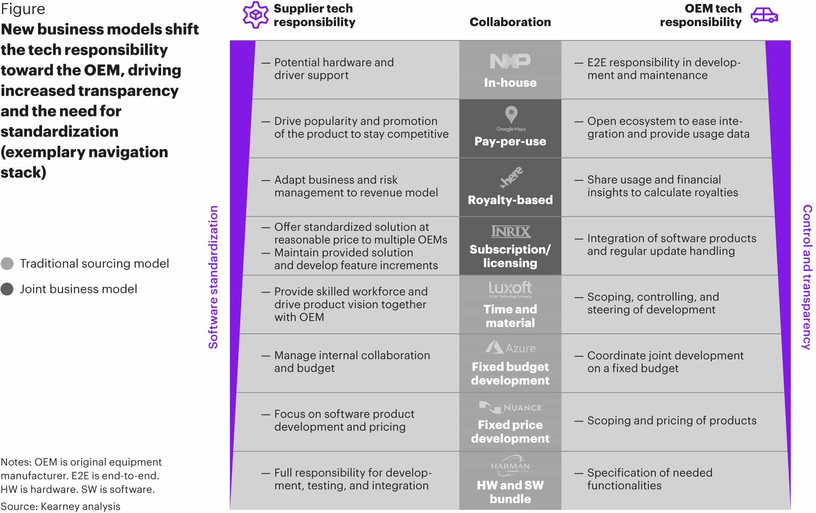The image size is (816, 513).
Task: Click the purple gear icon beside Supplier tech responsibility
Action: click(255, 15)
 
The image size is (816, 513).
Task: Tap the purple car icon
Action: click(764, 15)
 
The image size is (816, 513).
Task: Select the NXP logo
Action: click(510, 61)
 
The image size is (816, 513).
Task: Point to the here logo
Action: click(511, 177)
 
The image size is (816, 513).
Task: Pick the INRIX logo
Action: click(510, 232)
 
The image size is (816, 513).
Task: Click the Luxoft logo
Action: click(510, 289)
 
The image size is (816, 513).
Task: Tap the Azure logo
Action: click(510, 348)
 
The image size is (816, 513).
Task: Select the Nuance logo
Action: click(510, 407)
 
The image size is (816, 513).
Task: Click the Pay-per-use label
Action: click(510, 141)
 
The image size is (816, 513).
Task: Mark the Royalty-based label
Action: click(510, 200)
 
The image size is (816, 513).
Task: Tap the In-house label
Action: click(510, 82)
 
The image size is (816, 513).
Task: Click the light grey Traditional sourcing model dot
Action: click(7, 264)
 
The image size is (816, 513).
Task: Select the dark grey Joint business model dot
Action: click(7, 289)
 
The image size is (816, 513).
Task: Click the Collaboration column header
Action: click(510, 22)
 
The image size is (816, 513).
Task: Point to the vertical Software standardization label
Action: click(213, 277)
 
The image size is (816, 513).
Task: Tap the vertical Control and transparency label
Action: click(807, 277)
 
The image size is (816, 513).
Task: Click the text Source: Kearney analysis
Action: click(60, 506)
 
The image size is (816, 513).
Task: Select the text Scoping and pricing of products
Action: click(672, 420)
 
